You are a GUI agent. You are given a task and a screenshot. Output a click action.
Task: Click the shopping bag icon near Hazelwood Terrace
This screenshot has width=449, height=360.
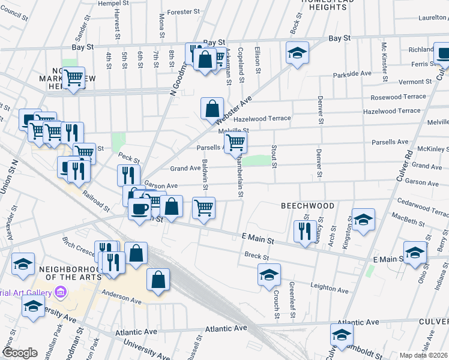212,109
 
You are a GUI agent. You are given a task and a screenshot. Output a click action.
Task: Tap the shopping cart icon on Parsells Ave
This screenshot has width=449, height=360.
237,143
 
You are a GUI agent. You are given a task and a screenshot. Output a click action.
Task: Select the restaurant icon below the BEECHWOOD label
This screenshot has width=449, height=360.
305,230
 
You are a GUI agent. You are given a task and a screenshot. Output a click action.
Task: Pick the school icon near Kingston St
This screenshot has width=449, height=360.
363,220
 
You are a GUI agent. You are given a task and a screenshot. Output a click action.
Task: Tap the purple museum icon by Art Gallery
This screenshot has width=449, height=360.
59,292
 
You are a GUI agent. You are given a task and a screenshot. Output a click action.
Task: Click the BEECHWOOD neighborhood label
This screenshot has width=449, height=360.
308,206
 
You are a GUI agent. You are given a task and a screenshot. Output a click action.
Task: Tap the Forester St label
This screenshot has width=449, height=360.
183,11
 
